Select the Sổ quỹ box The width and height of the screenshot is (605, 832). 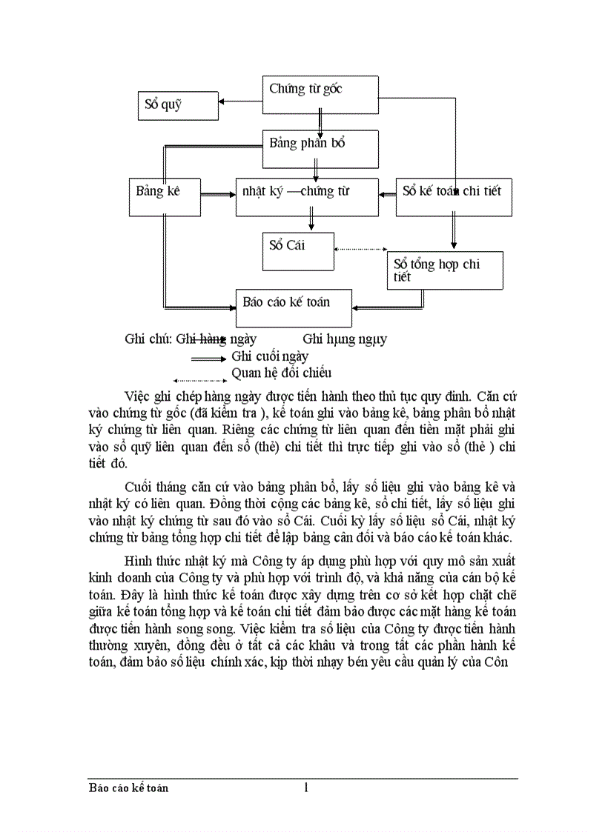pos(178,105)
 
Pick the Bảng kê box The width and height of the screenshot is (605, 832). pos(164,196)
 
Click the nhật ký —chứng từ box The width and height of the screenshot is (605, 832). pos(307,196)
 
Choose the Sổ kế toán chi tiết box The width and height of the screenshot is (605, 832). pos(454,196)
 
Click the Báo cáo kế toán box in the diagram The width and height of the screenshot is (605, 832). pos(294,307)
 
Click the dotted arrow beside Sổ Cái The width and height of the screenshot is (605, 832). pos(361,250)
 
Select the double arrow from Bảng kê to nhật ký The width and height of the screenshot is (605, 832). pos(218,195)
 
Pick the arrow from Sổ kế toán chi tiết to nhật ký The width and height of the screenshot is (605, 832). pos(387,195)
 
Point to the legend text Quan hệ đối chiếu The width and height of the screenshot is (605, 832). pos(282,373)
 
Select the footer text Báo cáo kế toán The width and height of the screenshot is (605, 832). pos(128,788)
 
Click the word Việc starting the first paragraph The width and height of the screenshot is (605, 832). pos(139,393)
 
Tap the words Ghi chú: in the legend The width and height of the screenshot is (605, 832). pos(148,339)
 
